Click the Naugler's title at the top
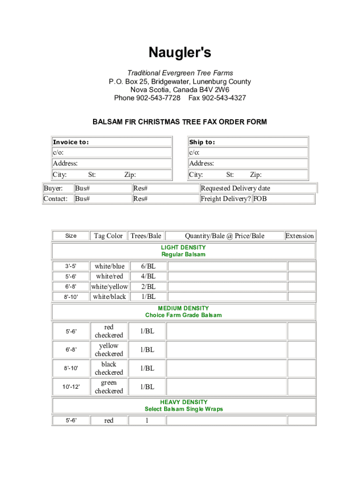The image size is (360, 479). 180,53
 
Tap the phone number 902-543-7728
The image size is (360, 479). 158,98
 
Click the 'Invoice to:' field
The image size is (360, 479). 112,142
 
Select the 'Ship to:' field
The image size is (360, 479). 248,142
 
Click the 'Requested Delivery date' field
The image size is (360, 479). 258,188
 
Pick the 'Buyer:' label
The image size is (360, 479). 53,188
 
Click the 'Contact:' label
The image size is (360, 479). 56,199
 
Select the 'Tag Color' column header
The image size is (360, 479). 108,236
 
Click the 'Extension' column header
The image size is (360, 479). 300,236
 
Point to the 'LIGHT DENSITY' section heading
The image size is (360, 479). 183,247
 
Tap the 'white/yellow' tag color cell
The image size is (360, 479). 109,286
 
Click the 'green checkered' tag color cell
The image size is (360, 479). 109,387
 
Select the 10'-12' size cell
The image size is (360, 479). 71,387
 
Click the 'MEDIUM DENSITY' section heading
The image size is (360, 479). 183,308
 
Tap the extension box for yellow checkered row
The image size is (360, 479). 301,349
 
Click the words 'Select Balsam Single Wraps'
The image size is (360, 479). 184,409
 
